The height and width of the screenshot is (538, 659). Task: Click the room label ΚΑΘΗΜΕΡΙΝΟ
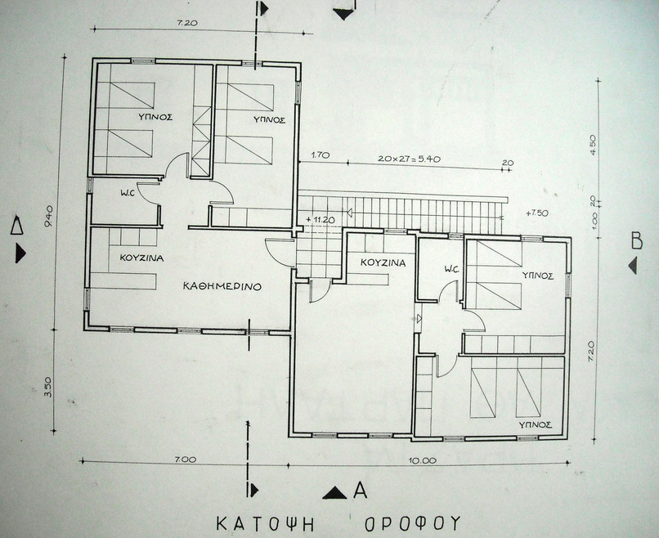[222, 287]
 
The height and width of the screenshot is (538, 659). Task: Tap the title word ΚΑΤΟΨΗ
[265, 524]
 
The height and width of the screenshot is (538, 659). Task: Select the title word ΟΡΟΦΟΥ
[412, 524]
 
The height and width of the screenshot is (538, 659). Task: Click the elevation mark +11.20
[321, 219]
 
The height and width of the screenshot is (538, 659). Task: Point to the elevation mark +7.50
[537, 213]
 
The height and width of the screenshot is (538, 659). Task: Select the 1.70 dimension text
[321, 155]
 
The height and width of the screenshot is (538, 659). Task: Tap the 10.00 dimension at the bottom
[424, 460]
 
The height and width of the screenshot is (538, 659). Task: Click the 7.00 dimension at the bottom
[186, 460]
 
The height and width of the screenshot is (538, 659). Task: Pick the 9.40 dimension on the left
[49, 216]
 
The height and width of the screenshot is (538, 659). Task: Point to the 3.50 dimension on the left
[47, 387]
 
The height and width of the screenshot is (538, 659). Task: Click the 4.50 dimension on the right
[594, 145]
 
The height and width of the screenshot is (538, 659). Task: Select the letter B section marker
[637, 241]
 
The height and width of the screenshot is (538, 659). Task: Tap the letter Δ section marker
[17, 225]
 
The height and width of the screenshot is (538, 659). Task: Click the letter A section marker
[361, 490]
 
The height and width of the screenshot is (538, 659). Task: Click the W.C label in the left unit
[127, 193]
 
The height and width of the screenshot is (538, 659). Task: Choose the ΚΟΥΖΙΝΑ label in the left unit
[141, 258]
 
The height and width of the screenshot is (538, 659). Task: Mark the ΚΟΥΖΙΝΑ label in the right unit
[383, 263]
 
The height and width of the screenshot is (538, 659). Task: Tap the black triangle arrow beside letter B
[633, 266]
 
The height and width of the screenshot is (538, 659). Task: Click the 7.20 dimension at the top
[187, 23]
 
